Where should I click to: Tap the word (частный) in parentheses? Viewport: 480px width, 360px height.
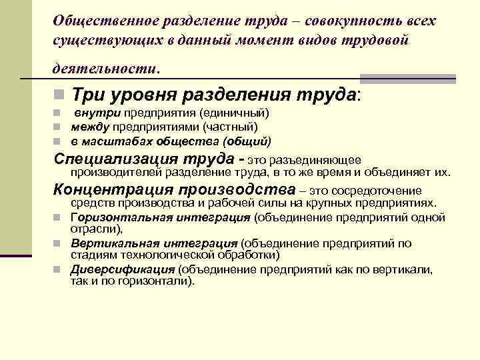point(228,127)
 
